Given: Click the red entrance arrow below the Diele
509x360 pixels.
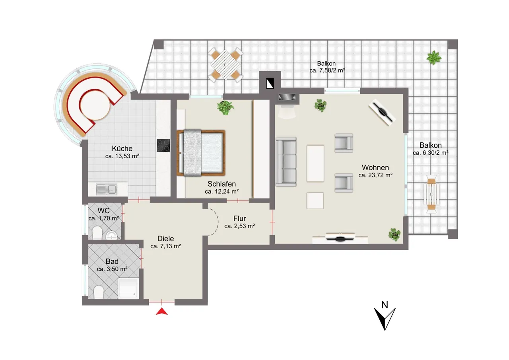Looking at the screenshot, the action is point(161,311).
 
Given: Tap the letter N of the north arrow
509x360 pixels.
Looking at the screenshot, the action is point(385,305).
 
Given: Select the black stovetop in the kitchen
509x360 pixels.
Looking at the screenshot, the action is point(163,145).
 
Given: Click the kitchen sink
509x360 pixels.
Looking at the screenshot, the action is point(106,189).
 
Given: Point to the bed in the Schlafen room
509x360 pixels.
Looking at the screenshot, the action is point(201,153).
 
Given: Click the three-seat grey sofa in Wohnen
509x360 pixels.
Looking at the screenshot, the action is point(286,162).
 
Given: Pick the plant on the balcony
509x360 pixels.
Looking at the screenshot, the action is point(434,58).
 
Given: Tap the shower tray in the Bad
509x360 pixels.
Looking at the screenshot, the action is point(128,288).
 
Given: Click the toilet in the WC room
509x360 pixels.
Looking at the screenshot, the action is point(97,232).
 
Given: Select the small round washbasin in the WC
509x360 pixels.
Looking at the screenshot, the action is point(111,235).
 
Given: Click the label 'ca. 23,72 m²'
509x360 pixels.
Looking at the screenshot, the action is point(375,175).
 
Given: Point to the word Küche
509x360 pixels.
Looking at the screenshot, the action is point(122,148).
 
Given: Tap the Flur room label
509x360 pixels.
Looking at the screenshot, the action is point(239,219).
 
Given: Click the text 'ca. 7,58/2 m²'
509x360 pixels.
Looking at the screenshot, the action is point(327,70).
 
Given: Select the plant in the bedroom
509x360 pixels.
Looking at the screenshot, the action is point(225,107).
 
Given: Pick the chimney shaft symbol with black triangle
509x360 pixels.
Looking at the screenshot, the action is point(270,83).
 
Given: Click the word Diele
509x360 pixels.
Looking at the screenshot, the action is point(166,239).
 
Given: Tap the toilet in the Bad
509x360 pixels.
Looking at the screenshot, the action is point(99,292).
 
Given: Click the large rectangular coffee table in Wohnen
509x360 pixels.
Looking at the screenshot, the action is point(315,163).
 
